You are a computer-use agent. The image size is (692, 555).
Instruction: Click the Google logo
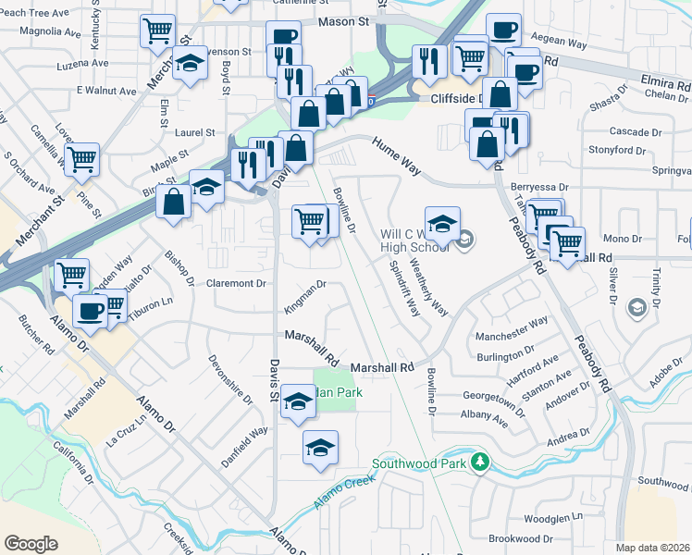tap(31, 544)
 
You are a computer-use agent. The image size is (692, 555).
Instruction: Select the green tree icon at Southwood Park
tap(479, 462)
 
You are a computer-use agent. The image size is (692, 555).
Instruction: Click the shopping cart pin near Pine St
tap(81, 159)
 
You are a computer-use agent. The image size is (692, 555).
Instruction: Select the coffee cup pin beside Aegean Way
tap(503, 30)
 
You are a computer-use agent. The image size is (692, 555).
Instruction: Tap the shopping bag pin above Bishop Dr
tap(173, 201)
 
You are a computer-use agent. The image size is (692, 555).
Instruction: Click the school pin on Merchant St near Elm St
tap(191, 65)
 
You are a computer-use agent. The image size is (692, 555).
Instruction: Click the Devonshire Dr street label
tap(231, 379)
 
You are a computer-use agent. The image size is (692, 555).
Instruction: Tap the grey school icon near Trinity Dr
tap(636, 306)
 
